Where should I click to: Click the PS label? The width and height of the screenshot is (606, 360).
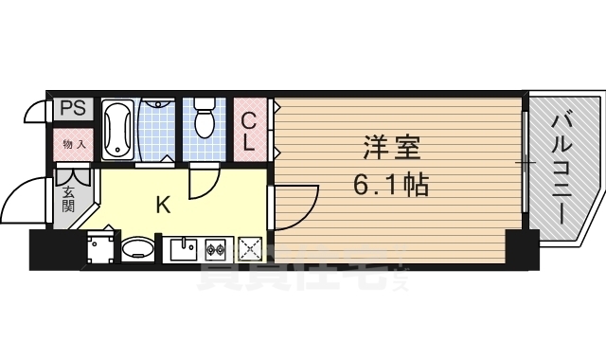pyautogui.click(x=73, y=108)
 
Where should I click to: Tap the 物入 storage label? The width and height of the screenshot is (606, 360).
pyautogui.click(x=74, y=144)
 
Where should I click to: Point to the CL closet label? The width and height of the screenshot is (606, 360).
pyautogui.click(x=247, y=132)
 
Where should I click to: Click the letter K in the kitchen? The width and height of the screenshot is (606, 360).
pyautogui.click(x=163, y=204)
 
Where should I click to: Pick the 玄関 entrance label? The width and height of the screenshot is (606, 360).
pyautogui.click(x=69, y=200)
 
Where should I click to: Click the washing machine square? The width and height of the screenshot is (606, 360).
pyautogui.click(x=98, y=248)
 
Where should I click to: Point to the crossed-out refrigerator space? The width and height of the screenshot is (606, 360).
pyautogui.click(x=250, y=249)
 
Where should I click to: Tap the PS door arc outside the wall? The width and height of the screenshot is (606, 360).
pyautogui.click(x=36, y=112)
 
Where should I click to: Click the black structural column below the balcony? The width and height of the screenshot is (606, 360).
pyautogui.click(x=522, y=250)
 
